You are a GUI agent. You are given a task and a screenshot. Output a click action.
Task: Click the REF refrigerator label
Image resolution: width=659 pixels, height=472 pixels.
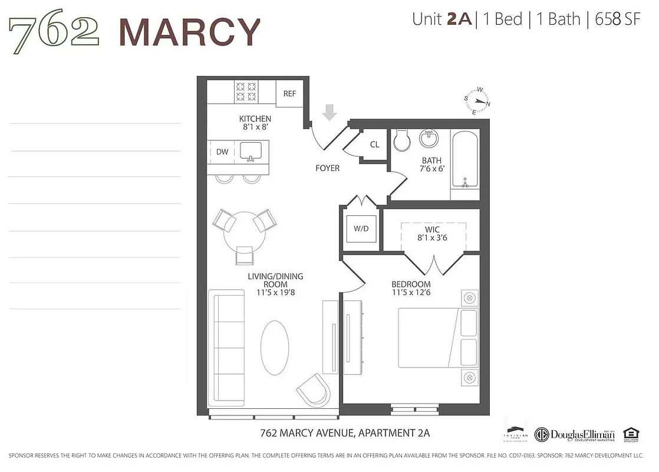tap(289, 94)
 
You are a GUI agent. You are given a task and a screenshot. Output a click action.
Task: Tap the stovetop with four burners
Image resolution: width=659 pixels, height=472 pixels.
tap(246, 90)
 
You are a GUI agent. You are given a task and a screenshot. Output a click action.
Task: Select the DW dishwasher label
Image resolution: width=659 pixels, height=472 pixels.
tap(222, 152)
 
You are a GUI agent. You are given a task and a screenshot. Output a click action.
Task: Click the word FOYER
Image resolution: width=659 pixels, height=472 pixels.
tap(327, 168)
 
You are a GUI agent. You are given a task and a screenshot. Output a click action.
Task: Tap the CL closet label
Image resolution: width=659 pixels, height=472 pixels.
tap(375, 145)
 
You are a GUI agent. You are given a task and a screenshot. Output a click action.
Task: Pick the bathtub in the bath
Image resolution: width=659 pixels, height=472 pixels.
tap(465, 159)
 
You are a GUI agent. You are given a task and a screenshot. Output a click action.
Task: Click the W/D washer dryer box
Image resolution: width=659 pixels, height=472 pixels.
tap(361, 229)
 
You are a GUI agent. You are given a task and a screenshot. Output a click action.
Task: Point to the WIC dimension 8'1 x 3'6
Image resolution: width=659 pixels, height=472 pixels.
tap(433, 238)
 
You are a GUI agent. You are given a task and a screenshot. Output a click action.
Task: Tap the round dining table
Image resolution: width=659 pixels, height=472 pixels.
tap(244, 231)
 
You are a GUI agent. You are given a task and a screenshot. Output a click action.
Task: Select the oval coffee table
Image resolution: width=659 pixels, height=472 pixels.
tap(275, 348)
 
